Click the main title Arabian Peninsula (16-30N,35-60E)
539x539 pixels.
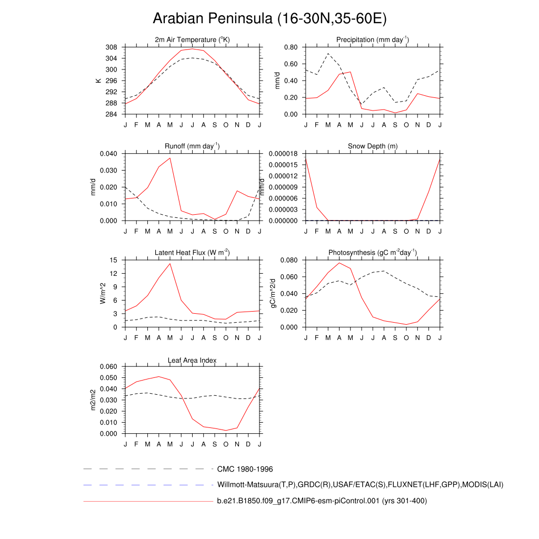coord(269,19)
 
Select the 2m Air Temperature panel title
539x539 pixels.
coord(193,40)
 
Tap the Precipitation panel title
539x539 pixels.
coord(373,40)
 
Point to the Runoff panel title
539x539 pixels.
coord(193,146)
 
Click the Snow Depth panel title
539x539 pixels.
coord(373,146)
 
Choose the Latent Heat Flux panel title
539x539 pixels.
coord(193,253)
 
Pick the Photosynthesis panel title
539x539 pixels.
coord(373,253)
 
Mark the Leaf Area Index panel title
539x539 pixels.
coord(192,360)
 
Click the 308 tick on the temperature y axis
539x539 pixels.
coord(111,47)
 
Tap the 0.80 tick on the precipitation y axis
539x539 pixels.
coord(291,47)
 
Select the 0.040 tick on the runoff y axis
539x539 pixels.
coord(107,154)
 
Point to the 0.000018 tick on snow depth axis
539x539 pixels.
coord(284,154)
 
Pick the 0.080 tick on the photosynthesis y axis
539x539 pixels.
coord(290,260)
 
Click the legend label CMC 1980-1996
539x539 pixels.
coord(245,468)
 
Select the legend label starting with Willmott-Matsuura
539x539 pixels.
coord(360,484)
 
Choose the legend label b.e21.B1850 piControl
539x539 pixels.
coord(322,501)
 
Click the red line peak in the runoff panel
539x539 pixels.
coord(170,158)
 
